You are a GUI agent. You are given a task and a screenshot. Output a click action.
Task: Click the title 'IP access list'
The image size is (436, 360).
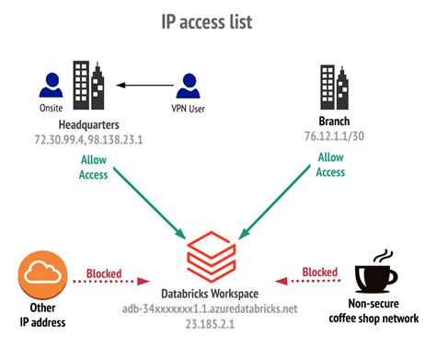coord(218,20)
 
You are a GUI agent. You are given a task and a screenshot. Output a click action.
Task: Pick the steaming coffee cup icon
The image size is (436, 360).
coord(377,272)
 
